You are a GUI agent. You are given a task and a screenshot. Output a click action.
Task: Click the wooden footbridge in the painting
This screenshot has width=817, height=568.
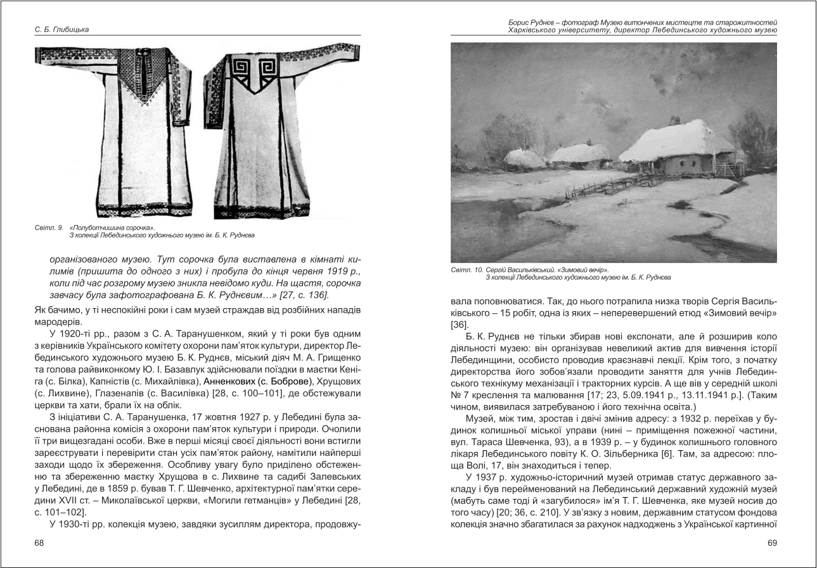tap(602, 186)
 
